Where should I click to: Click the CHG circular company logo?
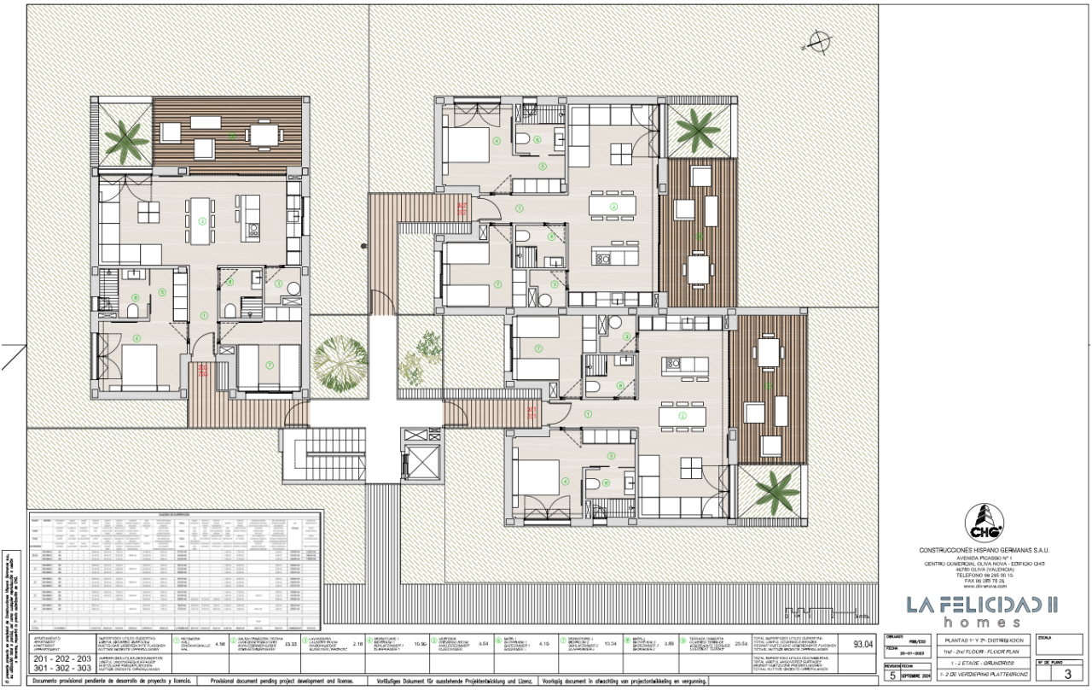(982, 523)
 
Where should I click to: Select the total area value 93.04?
(863, 645)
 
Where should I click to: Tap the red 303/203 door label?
(203, 371)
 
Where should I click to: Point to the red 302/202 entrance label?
(462, 208)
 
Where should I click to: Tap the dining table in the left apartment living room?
(202, 210)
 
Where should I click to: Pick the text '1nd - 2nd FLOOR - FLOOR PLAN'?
(981, 651)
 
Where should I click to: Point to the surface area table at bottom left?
(176, 570)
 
